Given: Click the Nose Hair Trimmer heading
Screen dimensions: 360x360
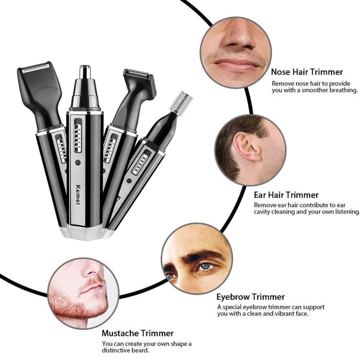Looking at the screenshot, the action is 307,72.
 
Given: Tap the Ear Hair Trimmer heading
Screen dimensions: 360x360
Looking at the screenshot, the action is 286,195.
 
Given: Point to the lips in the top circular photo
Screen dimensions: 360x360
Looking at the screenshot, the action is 237,64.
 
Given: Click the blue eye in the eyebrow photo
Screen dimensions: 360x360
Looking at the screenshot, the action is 206,266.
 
